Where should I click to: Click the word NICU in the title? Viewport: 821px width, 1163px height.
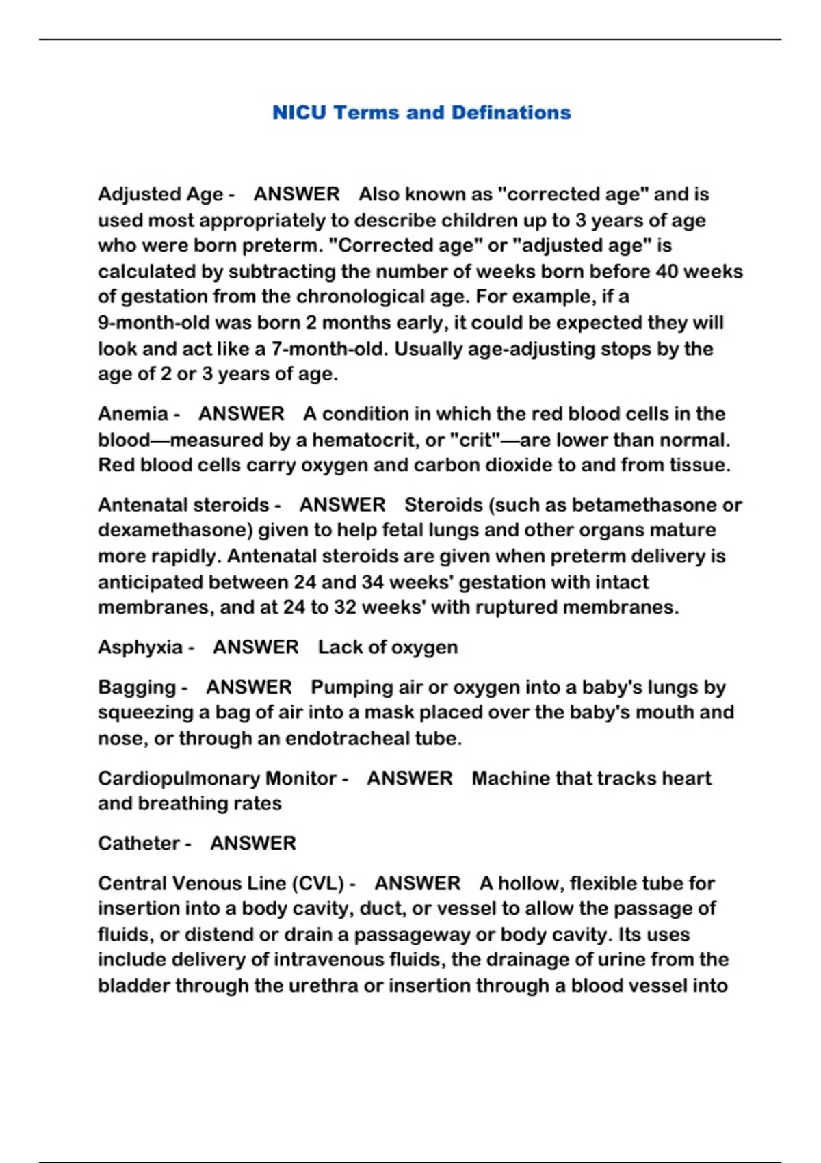point(299,112)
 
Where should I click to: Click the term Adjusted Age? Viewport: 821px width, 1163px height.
point(160,194)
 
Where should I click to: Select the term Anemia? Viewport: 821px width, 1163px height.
point(133,414)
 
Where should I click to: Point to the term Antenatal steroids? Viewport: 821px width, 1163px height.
point(183,505)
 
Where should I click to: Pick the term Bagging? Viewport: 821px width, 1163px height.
point(137,687)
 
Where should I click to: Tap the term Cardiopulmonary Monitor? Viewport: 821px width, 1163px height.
point(217,779)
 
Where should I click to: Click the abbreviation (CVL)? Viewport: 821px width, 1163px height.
point(318,883)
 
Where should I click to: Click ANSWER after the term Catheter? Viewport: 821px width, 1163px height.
point(253,844)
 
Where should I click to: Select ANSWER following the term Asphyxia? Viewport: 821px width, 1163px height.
point(256,647)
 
